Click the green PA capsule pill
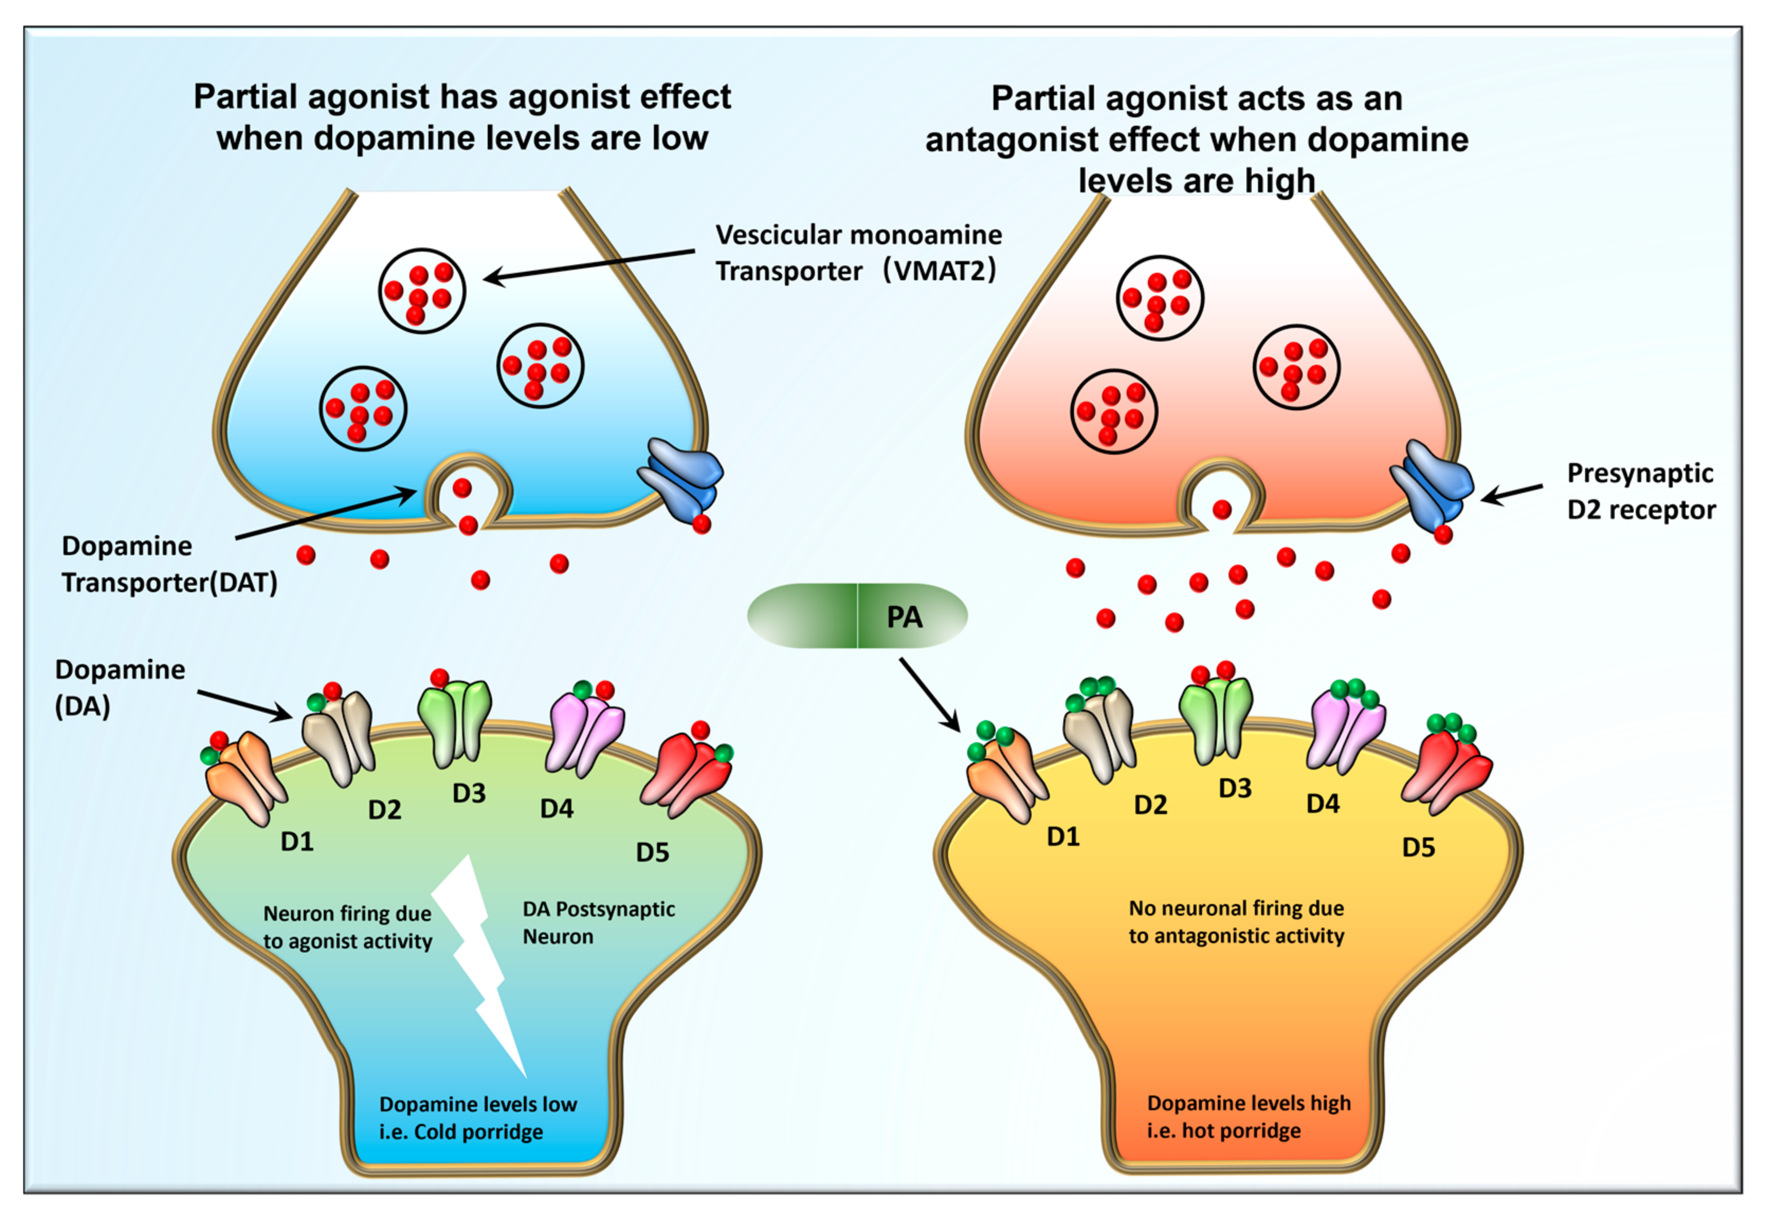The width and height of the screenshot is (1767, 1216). click(x=857, y=615)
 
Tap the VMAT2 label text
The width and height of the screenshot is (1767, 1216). click(x=858, y=253)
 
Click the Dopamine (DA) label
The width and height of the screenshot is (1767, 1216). click(x=120, y=688)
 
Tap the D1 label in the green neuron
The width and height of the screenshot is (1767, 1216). click(x=297, y=842)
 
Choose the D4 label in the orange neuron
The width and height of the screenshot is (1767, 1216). click(x=1323, y=804)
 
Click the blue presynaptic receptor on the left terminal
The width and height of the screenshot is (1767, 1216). click(x=681, y=478)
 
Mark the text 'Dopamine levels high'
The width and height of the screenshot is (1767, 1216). click(x=1249, y=1103)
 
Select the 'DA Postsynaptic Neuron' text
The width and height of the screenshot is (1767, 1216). click(x=598, y=923)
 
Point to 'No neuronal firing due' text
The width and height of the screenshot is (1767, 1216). click(x=1236, y=908)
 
